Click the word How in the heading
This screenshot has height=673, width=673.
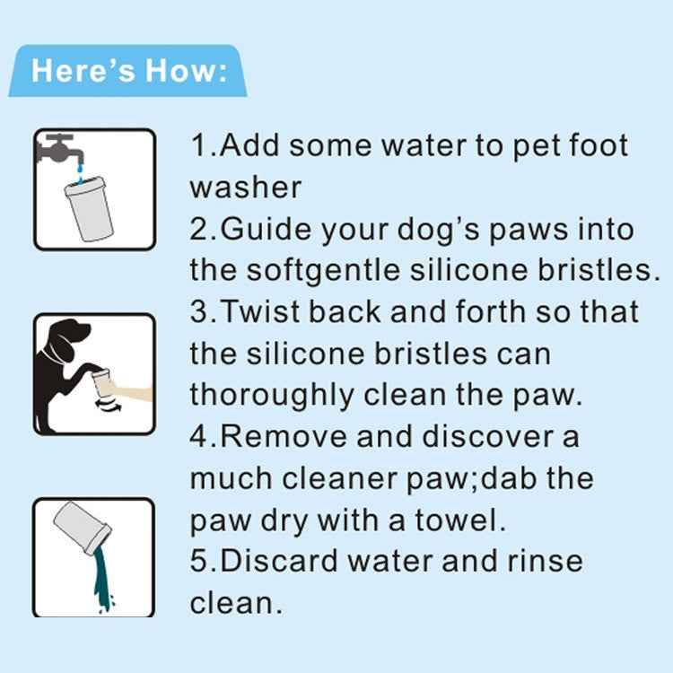[x=179, y=71]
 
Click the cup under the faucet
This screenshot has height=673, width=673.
[x=89, y=208]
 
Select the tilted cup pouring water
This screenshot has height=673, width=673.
[x=83, y=527]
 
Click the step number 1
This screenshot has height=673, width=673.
[x=198, y=145]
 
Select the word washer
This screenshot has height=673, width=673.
[x=246, y=188]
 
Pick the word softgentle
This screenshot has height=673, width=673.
[x=324, y=271]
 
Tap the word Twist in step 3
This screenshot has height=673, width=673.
[x=260, y=310]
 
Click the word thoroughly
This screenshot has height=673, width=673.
[x=272, y=396]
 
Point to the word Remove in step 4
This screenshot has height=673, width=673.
[x=284, y=436]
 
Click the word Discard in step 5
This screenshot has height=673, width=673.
[x=279, y=562]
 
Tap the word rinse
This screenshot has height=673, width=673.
[x=545, y=562]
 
